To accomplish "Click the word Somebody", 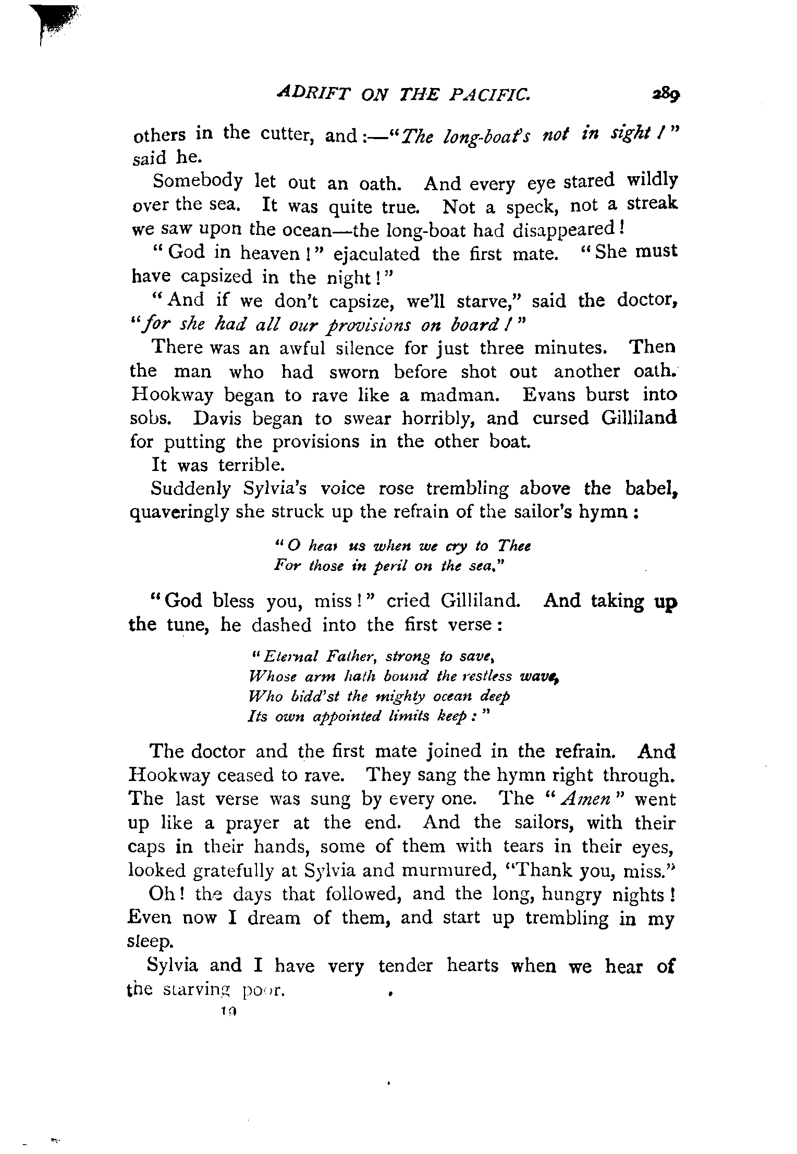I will (x=198, y=182).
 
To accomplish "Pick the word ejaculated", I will (x=376, y=254).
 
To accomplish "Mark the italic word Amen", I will (x=591, y=799).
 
